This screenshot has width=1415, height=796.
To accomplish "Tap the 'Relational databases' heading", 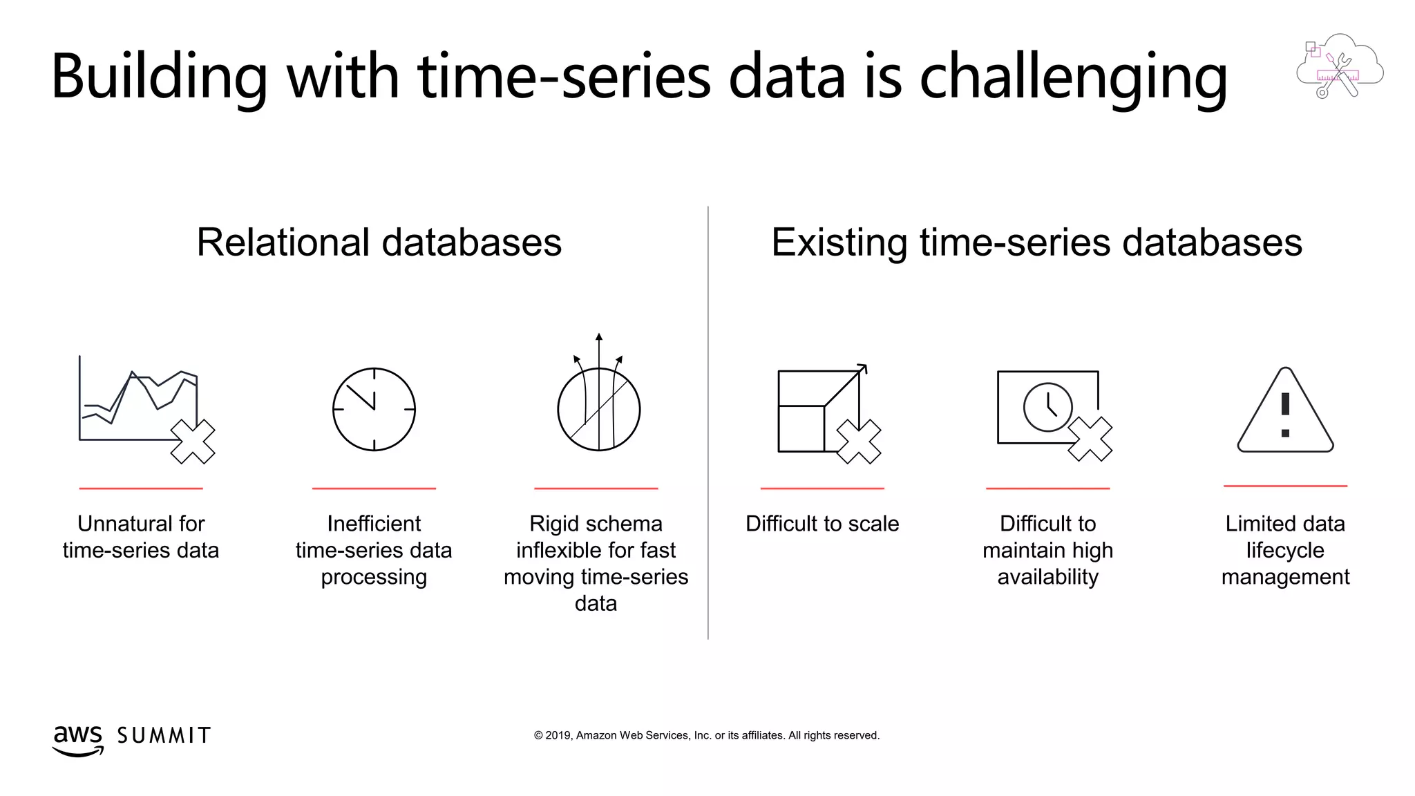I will click(379, 243).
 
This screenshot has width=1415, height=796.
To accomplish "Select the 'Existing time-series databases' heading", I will click(1036, 243).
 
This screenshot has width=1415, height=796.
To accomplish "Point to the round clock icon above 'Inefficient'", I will click(374, 409).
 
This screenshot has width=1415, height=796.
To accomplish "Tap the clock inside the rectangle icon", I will click(1048, 408).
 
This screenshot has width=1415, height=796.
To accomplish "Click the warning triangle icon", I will click(1285, 413).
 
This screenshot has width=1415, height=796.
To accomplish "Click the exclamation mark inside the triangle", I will click(1285, 413).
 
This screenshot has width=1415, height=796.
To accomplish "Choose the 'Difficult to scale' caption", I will click(822, 524).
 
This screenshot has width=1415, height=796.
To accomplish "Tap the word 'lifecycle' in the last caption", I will click(1285, 550).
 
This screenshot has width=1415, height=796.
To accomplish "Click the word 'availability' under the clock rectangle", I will click(1047, 577).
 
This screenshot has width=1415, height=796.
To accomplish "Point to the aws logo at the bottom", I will click(77, 739).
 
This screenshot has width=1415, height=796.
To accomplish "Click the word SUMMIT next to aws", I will click(164, 736).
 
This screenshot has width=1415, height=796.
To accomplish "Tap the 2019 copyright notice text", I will click(706, 735).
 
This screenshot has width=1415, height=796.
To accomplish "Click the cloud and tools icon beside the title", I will click(1339, 66).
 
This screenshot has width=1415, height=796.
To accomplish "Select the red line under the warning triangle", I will click(1285, 486).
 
